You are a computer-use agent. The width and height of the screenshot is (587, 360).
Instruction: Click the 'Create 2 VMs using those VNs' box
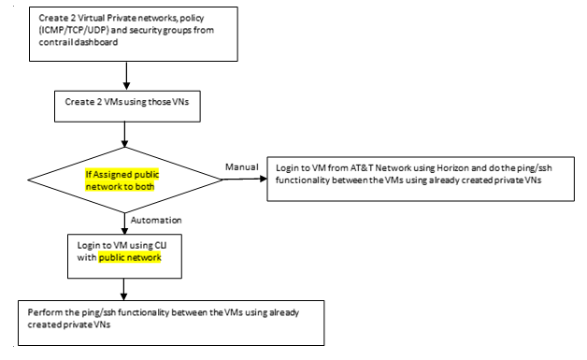(x=125, y=101)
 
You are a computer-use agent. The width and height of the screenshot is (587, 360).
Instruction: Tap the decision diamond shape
(x=125, y=177)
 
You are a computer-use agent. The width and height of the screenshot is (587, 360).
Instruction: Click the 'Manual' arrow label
(x=240, y=166)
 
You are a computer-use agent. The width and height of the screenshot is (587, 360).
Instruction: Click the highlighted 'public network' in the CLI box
(x=130, y=256)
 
